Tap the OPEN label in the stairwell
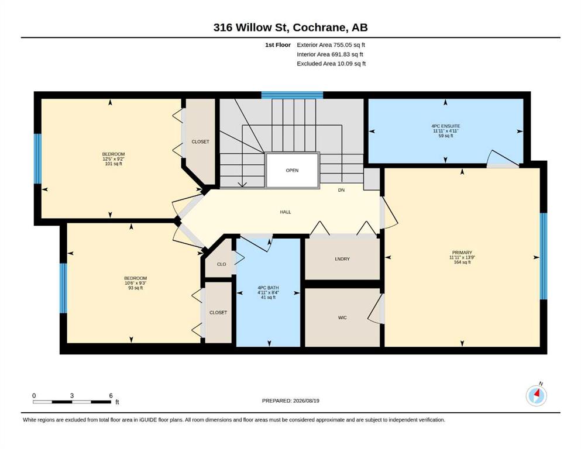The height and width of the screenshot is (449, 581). coord(292,170)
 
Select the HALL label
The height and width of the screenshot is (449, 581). coord(286,212)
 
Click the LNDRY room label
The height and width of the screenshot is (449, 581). coord(342,259)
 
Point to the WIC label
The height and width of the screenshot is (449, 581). coord(342,317)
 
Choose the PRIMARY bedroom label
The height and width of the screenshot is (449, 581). coord(462,253)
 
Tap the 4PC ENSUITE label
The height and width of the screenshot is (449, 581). coord(446,126)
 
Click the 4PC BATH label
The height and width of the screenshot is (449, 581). coord(269,288)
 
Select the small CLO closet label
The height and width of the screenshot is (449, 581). coord(221,264)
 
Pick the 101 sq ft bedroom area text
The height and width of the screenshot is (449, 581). coord(114,164)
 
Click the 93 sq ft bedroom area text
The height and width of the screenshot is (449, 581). coord(136,288)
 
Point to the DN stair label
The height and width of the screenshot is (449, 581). coord(341,190)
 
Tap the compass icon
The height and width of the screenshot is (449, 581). coord(537,395)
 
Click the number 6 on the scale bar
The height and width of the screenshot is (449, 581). coord(111,396)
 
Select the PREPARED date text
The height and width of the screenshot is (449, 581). coord(290,400)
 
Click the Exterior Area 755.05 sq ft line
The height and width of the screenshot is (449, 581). coord(331,45)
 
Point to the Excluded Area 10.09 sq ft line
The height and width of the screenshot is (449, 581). coord(331,63)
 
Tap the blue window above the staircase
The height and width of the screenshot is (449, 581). coord(292,95)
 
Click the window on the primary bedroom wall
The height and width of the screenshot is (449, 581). coord(543,256)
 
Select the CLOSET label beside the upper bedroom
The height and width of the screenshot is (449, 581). coord(201,141)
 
